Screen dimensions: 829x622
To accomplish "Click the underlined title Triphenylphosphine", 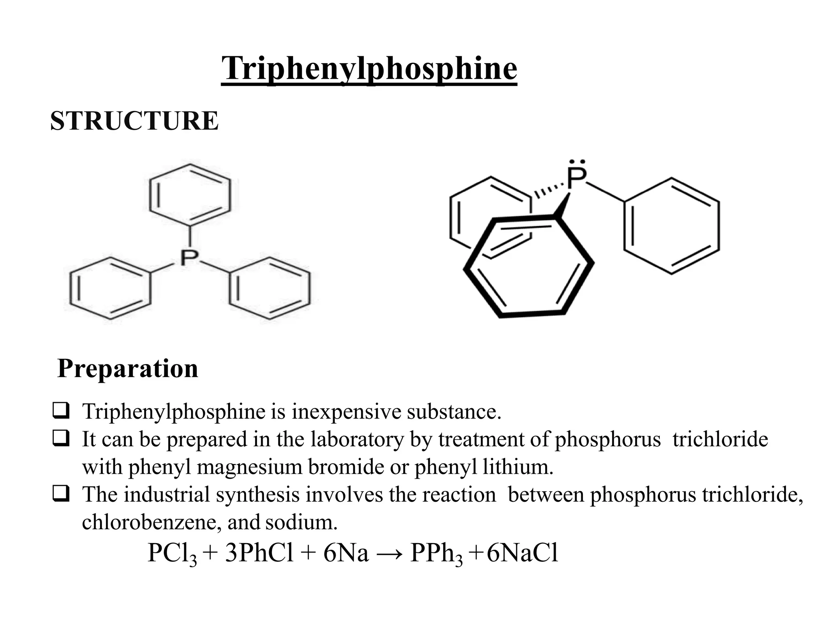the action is [x=369, y=69].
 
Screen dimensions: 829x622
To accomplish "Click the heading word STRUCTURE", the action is [x=134, y=121].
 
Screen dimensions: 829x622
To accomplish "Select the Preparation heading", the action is [x=128, y=369].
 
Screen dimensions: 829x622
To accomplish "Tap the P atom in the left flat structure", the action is [x=189, y=258].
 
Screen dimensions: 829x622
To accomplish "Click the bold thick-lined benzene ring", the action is [x=529, y=267].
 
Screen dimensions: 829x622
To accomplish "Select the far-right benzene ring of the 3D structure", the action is [x=672, y=226].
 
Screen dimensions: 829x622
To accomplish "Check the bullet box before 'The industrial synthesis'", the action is [x=60, y=494].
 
